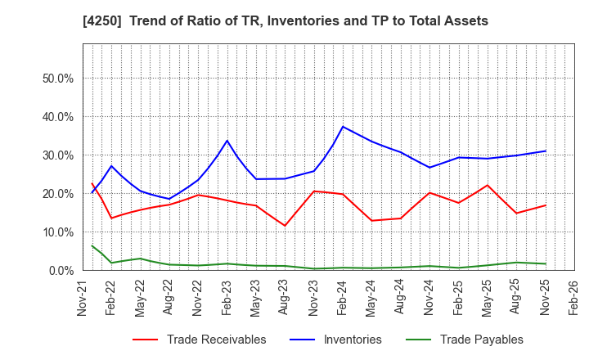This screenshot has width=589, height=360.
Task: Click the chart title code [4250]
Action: tap(114, 21)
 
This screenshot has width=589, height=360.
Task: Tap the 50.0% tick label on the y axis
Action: tap(58, 79)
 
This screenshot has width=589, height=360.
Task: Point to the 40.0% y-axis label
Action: tap(58, 117)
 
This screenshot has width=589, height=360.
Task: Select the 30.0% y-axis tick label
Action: tap(58, 155)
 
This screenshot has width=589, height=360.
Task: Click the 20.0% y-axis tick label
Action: tap(58, 194)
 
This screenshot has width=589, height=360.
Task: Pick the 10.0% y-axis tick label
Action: tap(58, 232)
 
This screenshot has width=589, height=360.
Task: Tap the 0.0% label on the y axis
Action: tap(61, 271)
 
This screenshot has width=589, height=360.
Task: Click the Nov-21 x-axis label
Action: tap(83, 296)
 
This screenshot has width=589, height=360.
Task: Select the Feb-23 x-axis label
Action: tap(227, 296)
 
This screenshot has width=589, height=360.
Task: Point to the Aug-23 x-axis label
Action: tap(285, 296)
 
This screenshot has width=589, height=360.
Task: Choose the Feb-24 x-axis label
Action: tap(343, 296)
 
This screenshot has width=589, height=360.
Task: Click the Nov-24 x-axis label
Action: tap(429, 296)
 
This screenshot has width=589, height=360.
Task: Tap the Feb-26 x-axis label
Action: tap(573, 296)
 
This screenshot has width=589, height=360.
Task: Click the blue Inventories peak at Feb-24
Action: tap(343, 127)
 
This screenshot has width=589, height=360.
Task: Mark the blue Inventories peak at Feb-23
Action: tap(227, 141)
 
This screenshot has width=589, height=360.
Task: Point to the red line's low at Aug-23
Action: tap(285, 226)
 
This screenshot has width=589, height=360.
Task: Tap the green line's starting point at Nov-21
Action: tap(92, 245)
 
